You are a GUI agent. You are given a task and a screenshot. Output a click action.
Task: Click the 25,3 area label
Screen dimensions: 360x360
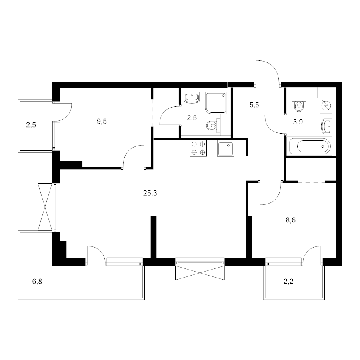tap(150, 193)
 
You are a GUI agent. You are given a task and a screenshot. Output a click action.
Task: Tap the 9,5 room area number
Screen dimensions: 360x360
tap(102, 122)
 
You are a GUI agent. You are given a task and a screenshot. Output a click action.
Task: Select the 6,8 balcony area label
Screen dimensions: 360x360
tap(37, 281)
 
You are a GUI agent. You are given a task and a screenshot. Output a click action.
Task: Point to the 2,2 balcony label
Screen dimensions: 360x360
tap(288, 281)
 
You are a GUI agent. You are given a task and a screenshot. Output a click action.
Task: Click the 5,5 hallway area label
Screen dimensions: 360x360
tap(254, 105)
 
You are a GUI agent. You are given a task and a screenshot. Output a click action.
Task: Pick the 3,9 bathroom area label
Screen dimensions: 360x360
tap(298, 122)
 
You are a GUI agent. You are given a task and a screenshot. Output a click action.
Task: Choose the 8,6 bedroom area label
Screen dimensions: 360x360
tap(291, 220)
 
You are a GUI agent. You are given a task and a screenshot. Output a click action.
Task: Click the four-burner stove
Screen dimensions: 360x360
tap(198, 148)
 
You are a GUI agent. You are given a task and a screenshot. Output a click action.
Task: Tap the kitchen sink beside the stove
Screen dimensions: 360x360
tap(226, 148)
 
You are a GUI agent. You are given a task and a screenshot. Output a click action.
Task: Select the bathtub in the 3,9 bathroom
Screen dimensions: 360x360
tap(310, 146)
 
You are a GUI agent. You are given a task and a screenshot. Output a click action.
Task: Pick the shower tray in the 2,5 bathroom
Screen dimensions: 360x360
tap(216, 103)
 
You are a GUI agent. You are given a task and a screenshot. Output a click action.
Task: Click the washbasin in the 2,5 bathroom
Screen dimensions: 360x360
tap(192, 98)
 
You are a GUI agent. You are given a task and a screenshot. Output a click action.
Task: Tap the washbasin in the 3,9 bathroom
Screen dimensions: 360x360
tap(327, 126)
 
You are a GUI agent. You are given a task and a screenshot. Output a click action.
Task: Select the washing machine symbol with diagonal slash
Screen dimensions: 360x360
tap(326, 106)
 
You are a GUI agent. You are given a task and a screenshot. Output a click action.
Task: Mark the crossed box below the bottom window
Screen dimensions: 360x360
tap(200, 273)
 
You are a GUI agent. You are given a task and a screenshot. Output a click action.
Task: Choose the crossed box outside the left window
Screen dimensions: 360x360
tap(45, 207)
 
